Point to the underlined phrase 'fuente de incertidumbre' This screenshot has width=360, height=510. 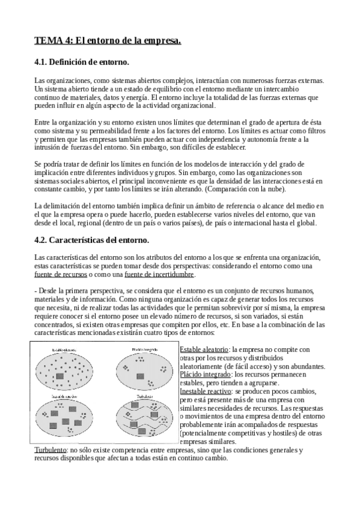tap(159, 275)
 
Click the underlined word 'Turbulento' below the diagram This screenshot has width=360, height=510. tap(50, 450)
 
